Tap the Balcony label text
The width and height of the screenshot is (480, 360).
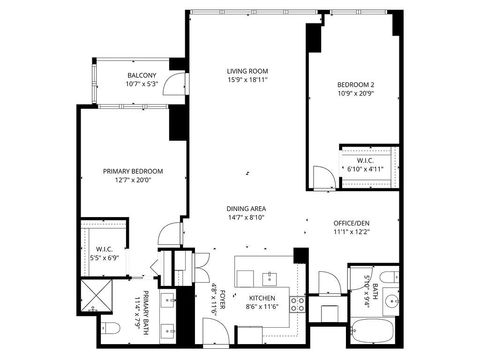pos(141,76)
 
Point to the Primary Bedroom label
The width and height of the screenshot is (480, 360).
pos(132,172)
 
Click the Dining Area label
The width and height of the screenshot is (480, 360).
pos(244,208)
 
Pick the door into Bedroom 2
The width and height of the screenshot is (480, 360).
pos(322,179)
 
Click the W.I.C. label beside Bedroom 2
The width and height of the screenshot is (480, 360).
pos(363,160)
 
